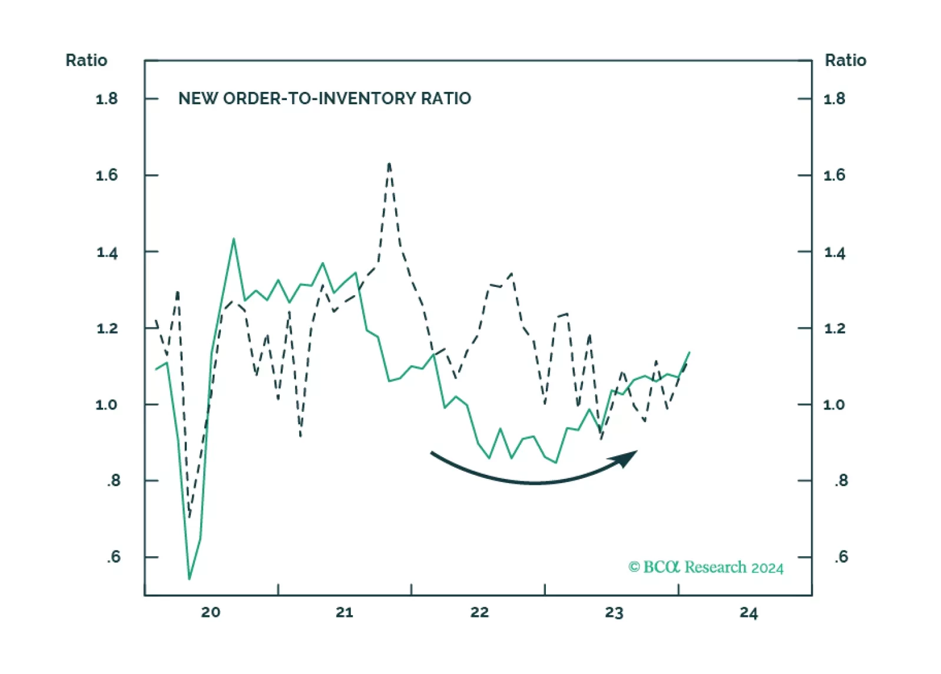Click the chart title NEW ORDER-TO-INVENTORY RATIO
(324, 98)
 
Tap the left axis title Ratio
(86, 60)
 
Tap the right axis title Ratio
(845, 60)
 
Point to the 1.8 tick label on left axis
(107, 98)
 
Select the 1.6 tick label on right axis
(834, 175)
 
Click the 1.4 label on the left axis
(107, 253)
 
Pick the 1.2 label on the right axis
(834, 328)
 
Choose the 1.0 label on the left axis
(107, 405)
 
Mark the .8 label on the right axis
(841, 481)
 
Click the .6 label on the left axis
(113, 557)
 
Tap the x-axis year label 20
(210, 612)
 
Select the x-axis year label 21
(344, 612)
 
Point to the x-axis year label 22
(479, 612)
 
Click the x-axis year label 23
(614, 613)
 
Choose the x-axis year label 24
(748, 613)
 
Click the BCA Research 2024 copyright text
(705, 567)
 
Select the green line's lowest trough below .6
(189, 579)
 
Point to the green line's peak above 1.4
(234, 239)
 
